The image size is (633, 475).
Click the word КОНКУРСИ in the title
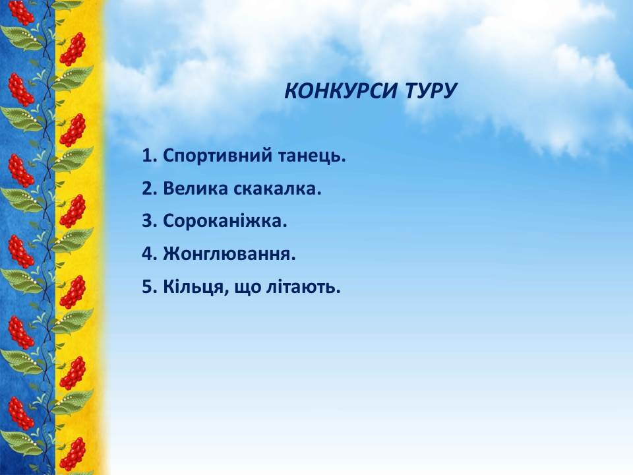(x=341, y=91)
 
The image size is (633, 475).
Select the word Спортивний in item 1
(x=218, y=156)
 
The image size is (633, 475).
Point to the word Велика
(x=196, y=189)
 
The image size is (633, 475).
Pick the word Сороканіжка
(x=225, y=222)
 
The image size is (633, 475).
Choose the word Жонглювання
(x=229, y=255)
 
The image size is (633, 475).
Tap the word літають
(x=303, y=287)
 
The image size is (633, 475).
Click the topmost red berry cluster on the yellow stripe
(x=73, y=49)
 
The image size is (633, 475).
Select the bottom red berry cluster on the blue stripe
(x=21, y=414)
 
